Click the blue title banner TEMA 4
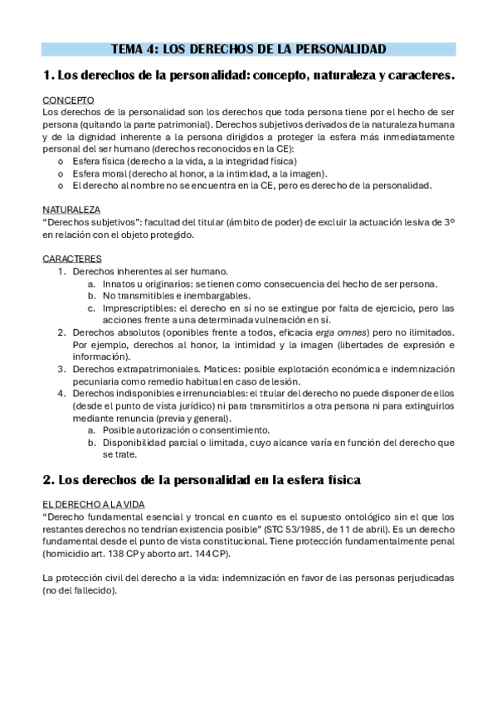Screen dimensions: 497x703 click(249, 50)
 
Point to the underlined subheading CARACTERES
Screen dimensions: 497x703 click(72, 259)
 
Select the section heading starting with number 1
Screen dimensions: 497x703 click(249, 75)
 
